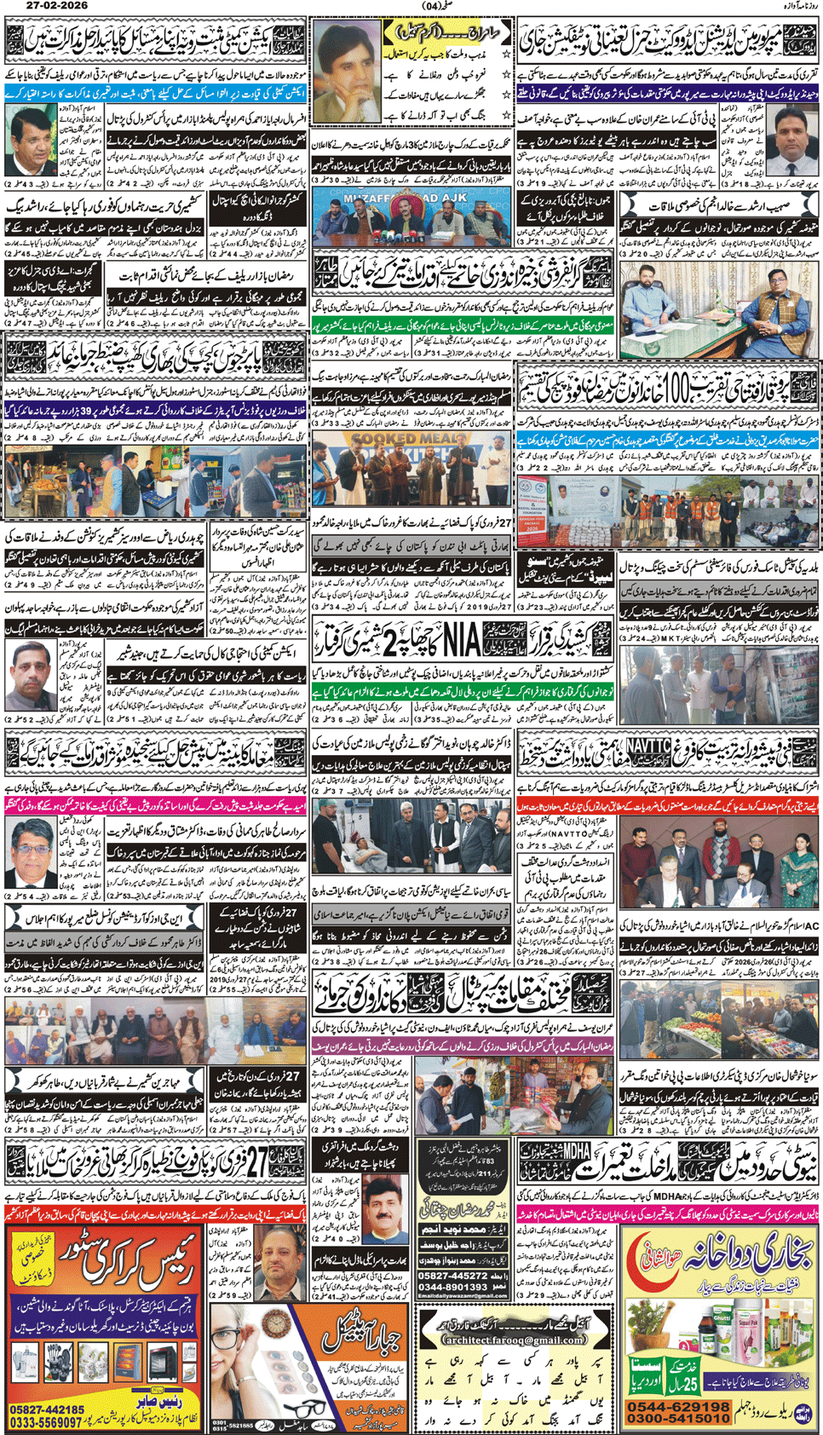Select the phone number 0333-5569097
click(49, 1422)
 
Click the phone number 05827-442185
click(47, 1410)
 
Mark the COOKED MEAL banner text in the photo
click(400, 441)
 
